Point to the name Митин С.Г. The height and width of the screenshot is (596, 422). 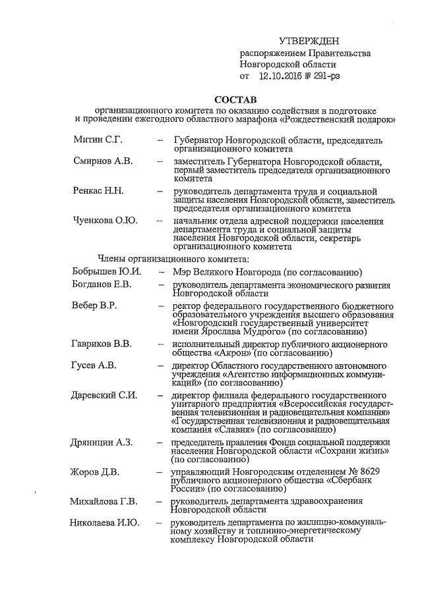tap(97, 140)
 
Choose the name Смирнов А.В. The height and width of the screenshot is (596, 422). tap(102, 161)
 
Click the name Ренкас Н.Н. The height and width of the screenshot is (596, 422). tap(99, 190)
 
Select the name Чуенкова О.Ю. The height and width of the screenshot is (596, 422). tap(105, 220)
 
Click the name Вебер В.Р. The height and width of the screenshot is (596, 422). tap(96, 306)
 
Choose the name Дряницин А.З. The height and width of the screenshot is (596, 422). tap(103, 442)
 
